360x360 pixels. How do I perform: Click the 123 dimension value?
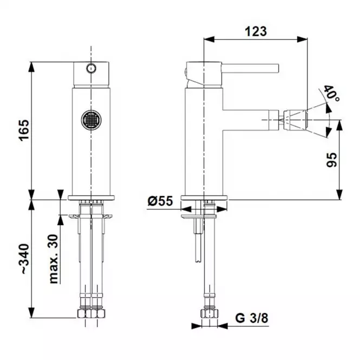coord(256,31)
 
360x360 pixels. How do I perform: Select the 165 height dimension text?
coord(24,130)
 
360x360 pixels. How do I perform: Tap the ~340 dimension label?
coord(24,259)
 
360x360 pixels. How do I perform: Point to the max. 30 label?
coord(54,259)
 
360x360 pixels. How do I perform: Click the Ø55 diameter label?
coord(160,201)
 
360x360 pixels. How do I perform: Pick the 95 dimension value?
coord(331,160)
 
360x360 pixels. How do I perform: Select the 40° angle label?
coord(331,94)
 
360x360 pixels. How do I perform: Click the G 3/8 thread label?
coord(252,318)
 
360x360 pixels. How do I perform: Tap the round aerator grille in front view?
coord(91,120)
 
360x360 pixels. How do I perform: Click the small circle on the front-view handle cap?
coord(91,68)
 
